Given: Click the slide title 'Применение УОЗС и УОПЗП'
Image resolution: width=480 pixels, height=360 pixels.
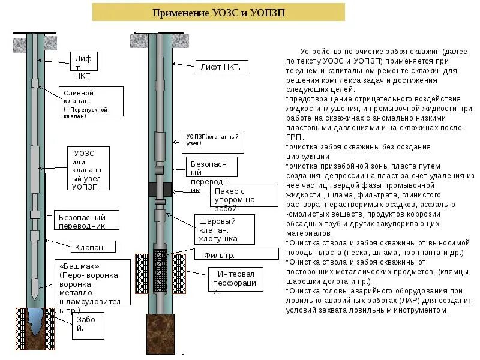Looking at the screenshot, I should (x=218, y=13).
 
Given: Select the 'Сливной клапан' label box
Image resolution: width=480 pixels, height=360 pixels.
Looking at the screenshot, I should (x=92, y=101).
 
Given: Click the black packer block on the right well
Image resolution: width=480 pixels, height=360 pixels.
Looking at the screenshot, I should (x=160, y=189).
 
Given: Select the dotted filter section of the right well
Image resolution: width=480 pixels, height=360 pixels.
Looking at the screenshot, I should (x=160, y=270).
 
